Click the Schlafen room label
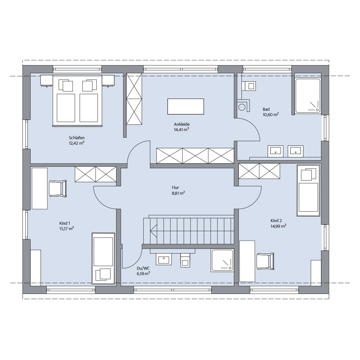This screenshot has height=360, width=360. click(x=76, y=138)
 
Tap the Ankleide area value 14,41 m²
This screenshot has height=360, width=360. click(x=181, y=130)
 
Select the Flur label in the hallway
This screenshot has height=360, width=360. click(x=175, y=187)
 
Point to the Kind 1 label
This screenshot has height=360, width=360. click(x=64, y=223)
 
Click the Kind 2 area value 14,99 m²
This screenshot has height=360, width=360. click(x=278, y=226)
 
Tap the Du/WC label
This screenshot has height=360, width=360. click(x=143, y=268)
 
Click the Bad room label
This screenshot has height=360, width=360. click(x=266, y=109)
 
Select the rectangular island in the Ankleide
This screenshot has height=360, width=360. click(x=185, y=106)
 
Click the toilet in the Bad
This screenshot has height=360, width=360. click(x=249, y=86)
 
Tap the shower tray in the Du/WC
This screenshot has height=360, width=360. click(x=222, y=260)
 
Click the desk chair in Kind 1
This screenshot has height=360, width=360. click(x=58, y=188)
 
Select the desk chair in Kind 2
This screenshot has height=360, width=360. click(x=265, y=261)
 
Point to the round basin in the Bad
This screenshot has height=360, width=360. click(x=242, y=107)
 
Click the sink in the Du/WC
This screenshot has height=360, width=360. click(x=164, y=259)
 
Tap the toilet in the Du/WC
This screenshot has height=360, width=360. click(x=185, y=260)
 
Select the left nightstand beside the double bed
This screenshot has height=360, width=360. click(x=47, y=81)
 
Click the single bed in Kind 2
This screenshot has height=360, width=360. click(x=308, y=190)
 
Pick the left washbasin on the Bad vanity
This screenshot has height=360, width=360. click(x=275, y=151)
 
